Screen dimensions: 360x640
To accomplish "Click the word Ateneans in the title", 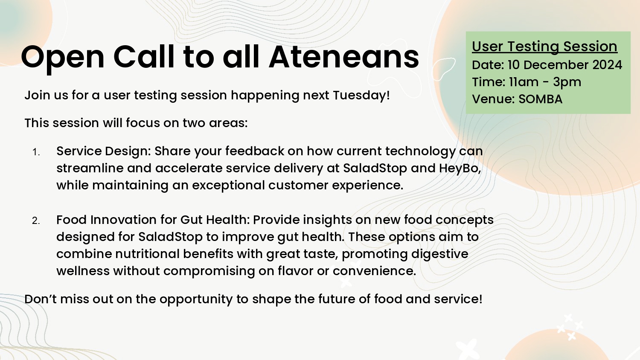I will pos(344,57).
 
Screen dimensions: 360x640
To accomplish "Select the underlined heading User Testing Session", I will pos(544,46).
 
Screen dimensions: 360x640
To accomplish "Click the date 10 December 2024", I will pos(564,65).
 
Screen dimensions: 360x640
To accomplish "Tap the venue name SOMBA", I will pos(540,99).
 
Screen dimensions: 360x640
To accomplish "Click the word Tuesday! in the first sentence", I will pos(361,95).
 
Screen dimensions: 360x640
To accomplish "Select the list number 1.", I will pos(36,152).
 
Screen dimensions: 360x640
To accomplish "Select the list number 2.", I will pos(36,221).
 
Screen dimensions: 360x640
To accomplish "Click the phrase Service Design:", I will pos(104,151).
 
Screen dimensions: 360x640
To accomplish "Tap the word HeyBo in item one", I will pos(459,168).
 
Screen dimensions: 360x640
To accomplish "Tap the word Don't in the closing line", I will pos(41,299).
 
